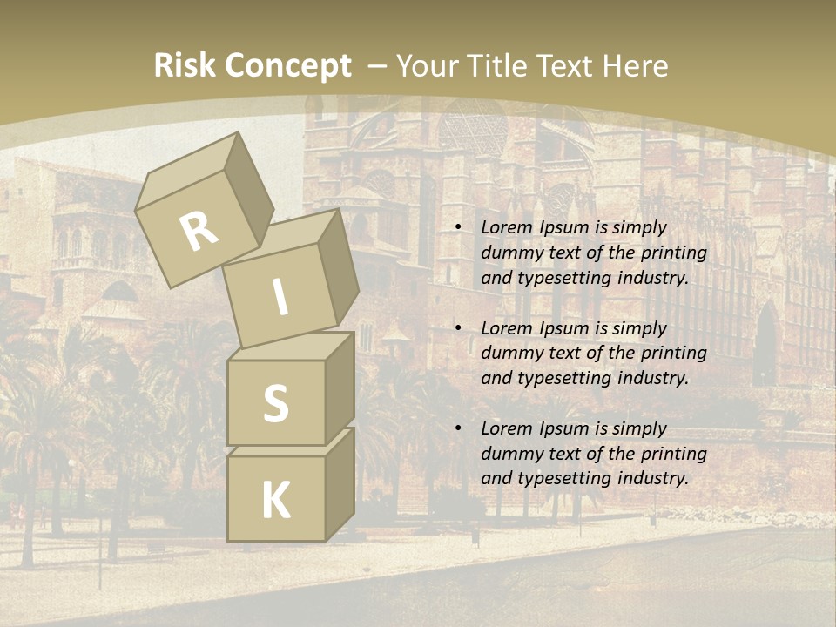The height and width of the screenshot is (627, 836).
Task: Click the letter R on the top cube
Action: [x=199, y=231]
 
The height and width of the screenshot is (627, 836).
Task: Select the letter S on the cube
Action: [x=275, y=404]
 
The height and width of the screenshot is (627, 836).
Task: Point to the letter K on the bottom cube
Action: [x=275, y=501]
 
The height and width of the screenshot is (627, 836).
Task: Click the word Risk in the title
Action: [x=185, y=66]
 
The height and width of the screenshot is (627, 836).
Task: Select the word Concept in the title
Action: [x=287, y=66]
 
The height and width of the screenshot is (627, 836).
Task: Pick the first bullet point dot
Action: [x=459, y=228]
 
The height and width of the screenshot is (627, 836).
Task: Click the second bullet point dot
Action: [x=459, y=329]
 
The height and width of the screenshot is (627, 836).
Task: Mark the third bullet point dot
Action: [x=459, y=429]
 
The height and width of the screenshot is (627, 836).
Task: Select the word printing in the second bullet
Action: [x=673, y=354]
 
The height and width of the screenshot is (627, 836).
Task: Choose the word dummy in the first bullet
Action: [x=509, y=253]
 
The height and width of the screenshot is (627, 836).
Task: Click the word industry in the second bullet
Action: [x=653, y=379]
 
